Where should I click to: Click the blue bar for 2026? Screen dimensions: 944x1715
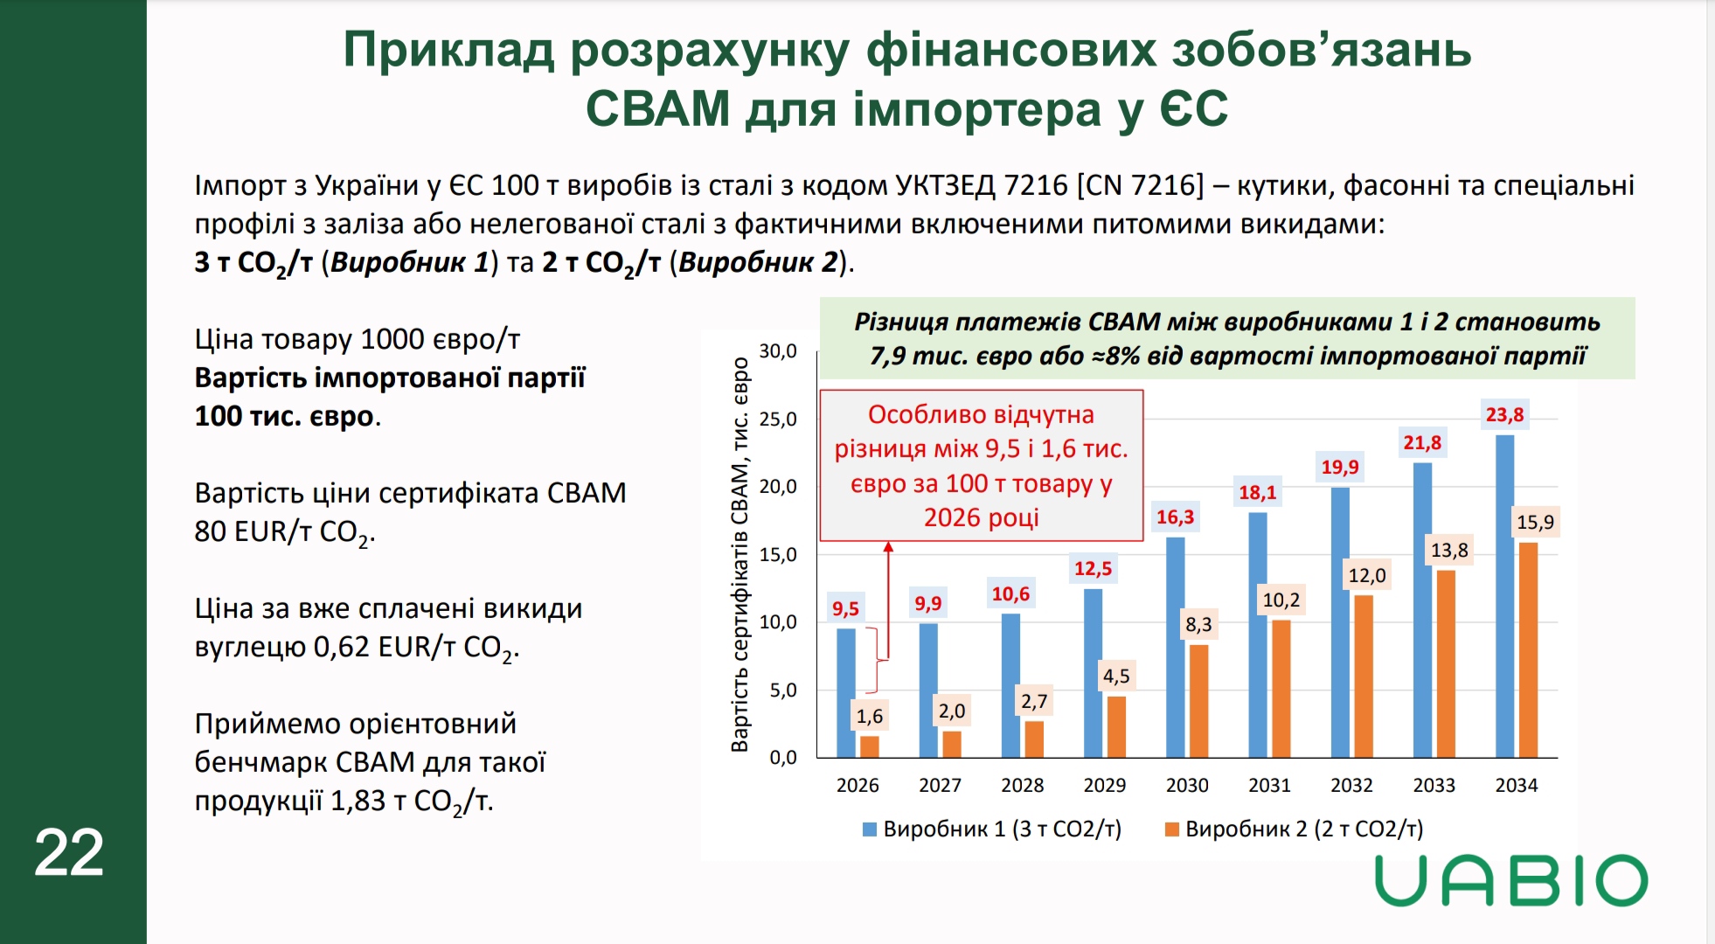845,692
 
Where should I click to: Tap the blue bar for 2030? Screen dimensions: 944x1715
1175,647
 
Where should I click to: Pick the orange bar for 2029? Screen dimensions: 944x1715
1116,726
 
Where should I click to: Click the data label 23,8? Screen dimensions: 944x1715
1504,414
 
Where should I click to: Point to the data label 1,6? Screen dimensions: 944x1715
869,716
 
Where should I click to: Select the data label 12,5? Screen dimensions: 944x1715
1093,568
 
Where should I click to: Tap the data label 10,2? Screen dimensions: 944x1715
1281,600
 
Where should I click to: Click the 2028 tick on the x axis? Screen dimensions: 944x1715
1022,785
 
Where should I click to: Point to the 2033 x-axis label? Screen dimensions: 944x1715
1434,785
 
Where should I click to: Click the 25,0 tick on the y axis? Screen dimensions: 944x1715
777,419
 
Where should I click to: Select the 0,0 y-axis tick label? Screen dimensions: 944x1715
782,757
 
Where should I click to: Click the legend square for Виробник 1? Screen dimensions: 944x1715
869,829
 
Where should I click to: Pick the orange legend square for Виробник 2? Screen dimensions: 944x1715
1171,829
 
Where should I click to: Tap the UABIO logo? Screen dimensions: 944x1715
1510,880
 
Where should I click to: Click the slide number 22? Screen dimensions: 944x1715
69,852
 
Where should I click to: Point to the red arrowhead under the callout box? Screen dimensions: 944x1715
888,547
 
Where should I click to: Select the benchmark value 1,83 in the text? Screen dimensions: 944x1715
357,801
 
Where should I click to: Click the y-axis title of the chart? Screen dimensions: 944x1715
739,554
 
